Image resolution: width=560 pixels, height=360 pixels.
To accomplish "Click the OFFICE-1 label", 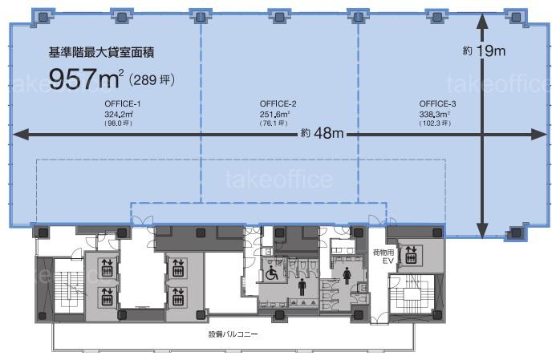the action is (122, 103).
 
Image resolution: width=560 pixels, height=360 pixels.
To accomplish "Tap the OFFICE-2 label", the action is (278, 103).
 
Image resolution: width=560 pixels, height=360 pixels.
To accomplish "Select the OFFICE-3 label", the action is (437, 103).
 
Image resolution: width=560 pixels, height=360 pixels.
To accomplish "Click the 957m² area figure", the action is (86, 79).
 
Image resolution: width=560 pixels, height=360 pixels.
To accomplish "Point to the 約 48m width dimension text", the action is (323, 133).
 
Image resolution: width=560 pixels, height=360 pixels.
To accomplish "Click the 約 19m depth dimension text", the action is (484, 51).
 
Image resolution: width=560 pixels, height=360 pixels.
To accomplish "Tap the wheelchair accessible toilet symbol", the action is (271, 273).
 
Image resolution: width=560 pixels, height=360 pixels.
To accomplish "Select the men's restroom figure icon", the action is (302, 287).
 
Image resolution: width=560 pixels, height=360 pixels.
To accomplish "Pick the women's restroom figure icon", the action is (347, 277).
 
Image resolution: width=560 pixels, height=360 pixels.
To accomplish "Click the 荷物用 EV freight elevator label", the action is (384, 257).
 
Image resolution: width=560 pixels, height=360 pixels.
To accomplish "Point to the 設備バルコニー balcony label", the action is (233, 334).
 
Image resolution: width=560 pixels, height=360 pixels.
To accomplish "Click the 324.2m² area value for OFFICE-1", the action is (119, 114).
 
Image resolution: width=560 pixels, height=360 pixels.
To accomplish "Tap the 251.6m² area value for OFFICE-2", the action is (274, 114).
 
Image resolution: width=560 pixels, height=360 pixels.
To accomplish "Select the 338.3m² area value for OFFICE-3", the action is (434, 114).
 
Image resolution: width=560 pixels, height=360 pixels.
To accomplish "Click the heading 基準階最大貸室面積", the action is (101, 52).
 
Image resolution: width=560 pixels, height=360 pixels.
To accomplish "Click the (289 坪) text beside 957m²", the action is (152, 79).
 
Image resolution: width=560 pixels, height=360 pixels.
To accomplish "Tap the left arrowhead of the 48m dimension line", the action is (21, 135).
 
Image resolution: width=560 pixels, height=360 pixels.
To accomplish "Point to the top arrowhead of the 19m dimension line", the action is (482, 21).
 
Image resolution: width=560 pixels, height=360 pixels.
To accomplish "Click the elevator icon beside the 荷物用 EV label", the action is (411, 254).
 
